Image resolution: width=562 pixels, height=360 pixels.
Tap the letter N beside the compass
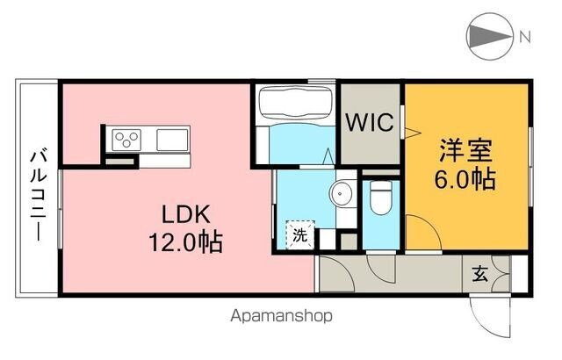[x=524, y=37]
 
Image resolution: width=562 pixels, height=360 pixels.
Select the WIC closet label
[x=369, y=122]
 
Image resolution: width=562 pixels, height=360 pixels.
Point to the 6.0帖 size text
[x=464, y=179]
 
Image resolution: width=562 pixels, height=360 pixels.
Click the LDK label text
[x=184, y=213]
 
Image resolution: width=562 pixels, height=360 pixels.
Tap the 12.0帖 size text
[x=184, y=241]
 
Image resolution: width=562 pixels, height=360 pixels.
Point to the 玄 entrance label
[x=481, y=273]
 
